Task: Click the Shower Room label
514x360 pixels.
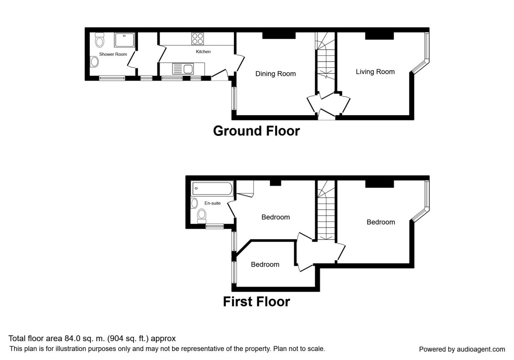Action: [x=113, y=54]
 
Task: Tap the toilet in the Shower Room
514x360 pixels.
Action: [x=99, y=40]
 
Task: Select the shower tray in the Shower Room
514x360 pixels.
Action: [x=124, y=40]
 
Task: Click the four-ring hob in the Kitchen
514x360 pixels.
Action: [x=197, y=39]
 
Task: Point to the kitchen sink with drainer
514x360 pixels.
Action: [x=182, y=69]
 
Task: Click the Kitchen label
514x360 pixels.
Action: [x=203, y=52]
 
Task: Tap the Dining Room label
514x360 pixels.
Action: [x=275, y=74]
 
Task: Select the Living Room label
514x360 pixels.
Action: [x=375, y=72]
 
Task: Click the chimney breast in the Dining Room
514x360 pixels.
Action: [x=279, y=35]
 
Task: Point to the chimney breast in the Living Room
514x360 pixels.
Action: [x=380, y=36]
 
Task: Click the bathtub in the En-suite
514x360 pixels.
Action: [x=212, y=189]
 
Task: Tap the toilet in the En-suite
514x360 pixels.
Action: [x=202, y=216]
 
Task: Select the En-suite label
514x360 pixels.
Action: [x=212, y=203]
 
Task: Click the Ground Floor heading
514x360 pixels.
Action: [x=256, y=131]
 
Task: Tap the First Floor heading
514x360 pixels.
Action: [x=256, y=302]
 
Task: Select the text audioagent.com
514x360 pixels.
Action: [x=481, y=349]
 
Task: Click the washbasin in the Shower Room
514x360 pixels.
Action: [x=94, y=62]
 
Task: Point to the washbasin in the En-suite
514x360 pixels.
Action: [x=194, y=203]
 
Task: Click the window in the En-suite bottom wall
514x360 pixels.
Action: [x=215, y=226]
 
